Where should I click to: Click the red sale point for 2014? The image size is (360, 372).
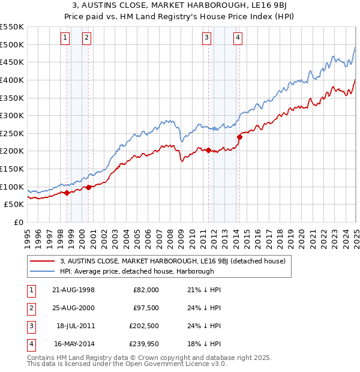pyautogui.click(x=239, y=137)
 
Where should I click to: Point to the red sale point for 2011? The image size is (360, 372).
pyautogui.click(x=208, y=150)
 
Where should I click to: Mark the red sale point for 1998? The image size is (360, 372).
pyautogui.click(x=67, y=193)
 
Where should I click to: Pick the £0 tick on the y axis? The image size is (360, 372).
pyautogui.click(x=18, y=222)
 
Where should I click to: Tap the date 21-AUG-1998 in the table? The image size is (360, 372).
pyautogui.click(x=73, y=290)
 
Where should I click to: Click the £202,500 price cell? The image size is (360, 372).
pyautogui.click(x=144, y=326)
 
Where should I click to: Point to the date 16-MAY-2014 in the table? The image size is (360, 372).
pyautogui.click(x=73, y=344)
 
